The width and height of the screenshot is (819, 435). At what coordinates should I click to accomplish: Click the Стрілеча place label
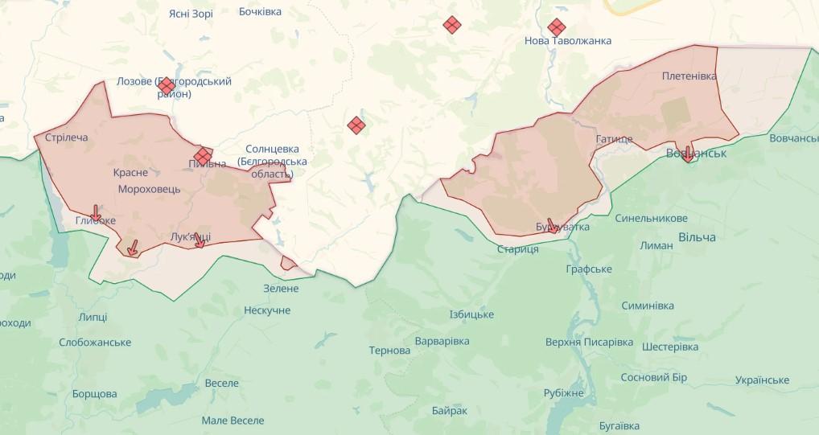tap(67, 137)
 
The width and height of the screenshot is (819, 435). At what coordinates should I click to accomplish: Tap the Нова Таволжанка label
tap(568, 41)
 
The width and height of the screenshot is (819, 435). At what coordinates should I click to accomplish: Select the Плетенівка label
tap(689, 76)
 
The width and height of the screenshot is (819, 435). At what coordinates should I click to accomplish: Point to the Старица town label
tap(518, 249)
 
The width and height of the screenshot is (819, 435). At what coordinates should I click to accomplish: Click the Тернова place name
tap(389, 351)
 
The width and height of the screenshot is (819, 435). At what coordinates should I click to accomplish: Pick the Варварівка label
tap(442, 342)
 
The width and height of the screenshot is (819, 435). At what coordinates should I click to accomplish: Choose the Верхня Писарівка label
tap(589, 343)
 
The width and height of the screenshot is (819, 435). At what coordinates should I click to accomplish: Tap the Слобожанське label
tap(95, 343)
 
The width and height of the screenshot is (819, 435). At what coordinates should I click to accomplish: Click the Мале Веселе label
tap(233, 421)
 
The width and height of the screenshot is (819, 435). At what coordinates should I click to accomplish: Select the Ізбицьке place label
tap(471, 314)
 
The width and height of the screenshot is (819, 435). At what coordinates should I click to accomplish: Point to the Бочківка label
tap(261, 12)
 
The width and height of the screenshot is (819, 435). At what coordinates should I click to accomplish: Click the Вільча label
tap(697, 237)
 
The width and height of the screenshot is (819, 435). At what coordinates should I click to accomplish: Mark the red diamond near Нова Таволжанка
tap(556, 27)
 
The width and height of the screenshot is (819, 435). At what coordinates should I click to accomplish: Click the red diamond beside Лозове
tap(167, 85)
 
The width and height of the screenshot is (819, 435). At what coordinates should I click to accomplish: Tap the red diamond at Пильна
tap(203, 154)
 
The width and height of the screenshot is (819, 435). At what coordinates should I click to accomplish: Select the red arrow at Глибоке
tap(96, 213)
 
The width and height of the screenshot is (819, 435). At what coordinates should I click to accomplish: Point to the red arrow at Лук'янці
tap(199, 239)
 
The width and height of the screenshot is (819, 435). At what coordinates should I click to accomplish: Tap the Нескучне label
tap(267, 310)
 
